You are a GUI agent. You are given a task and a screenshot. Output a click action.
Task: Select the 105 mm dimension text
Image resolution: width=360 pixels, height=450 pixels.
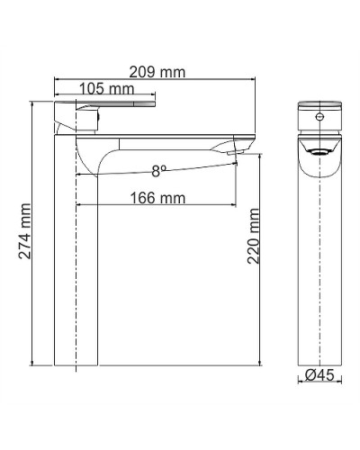click(x=107, y=88)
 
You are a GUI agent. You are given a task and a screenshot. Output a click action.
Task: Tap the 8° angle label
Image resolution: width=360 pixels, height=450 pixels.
click(x=158, y=169)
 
